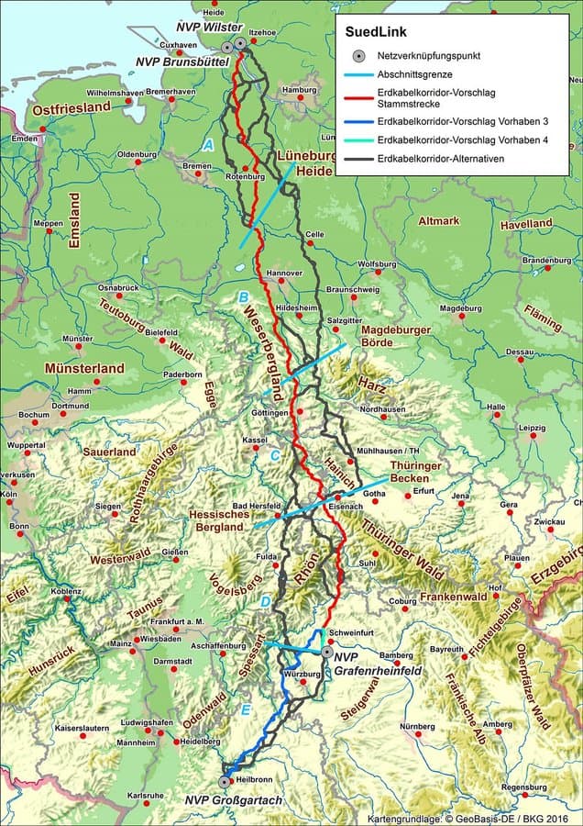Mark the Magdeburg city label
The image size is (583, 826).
(x=460, y=308)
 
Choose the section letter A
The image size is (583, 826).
(x=208, y=145)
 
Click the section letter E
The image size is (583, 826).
(x=245, y=710)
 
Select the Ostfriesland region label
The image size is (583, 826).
(x=71, y=108)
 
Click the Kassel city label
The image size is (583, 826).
(x=254, y=440)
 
